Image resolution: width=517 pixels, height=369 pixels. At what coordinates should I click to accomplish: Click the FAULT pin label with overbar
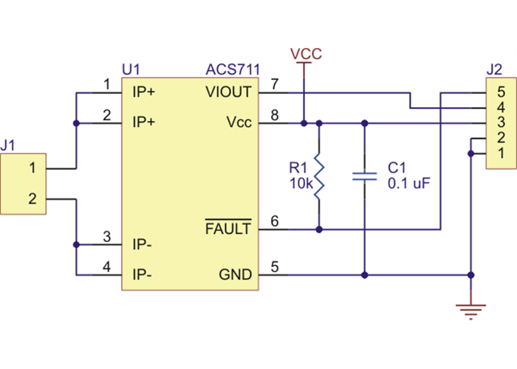click(228, 230)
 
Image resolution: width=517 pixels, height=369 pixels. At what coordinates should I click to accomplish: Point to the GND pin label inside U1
click(235, 275)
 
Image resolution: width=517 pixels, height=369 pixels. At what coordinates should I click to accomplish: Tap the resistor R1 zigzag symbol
click(319, 176)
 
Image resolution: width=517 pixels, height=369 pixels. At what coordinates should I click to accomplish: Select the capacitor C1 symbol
click(364, 176)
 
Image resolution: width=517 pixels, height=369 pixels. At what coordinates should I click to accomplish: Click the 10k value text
click(299, 181)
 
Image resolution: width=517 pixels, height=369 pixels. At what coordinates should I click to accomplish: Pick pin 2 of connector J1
click(32, 199)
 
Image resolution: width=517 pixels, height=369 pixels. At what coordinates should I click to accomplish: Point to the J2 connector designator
click(495, 70)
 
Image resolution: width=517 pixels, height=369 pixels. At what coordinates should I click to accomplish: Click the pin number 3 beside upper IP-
click(107, 237)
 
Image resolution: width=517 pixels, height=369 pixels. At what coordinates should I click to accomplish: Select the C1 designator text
click(397, 167)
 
